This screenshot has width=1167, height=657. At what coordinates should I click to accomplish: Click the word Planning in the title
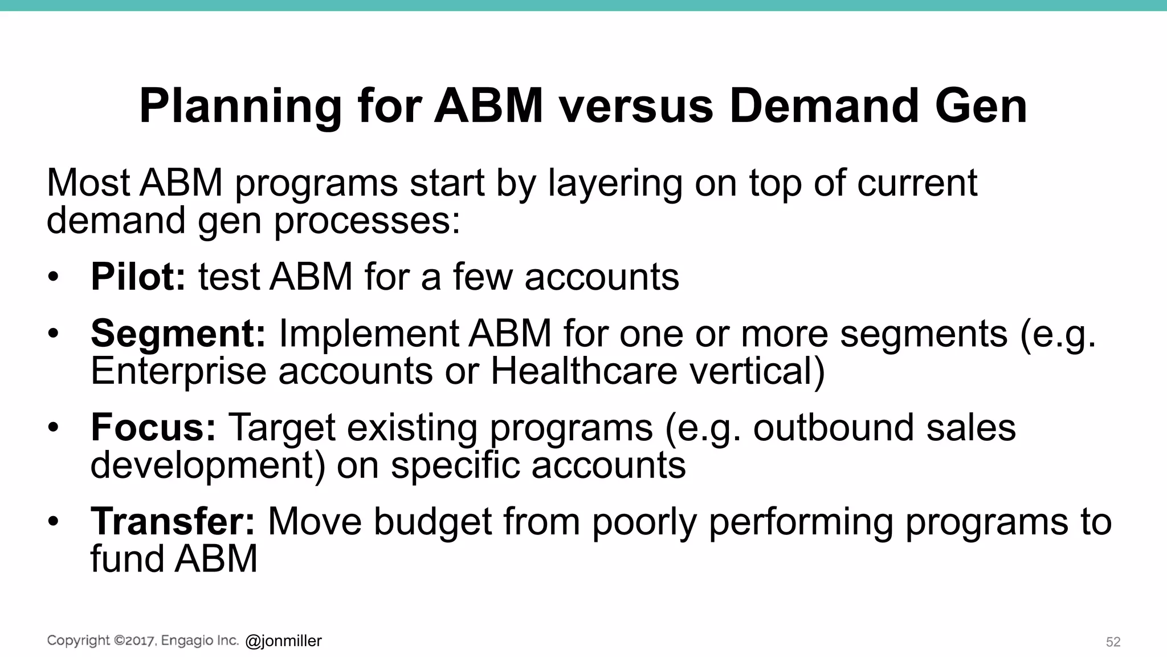[240, 107]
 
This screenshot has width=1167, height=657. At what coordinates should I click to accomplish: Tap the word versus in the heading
[636, 107]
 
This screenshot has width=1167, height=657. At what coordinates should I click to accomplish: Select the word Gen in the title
[979, 107]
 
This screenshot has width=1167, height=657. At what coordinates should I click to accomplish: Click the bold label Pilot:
[138, 277]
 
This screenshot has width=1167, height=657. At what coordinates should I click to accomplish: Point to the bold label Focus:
[153, 428]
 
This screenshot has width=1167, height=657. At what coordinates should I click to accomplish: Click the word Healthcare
[584, 371]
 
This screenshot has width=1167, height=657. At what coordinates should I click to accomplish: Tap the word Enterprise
[178, 371]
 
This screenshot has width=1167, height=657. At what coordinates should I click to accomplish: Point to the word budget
[432, 521]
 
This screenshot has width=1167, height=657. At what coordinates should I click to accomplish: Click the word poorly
[644, 521]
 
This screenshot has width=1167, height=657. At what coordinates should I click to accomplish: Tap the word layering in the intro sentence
[615, 183]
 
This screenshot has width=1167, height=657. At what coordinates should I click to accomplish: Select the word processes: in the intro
[367, 221]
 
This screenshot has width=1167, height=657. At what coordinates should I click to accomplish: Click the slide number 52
[1113, 642]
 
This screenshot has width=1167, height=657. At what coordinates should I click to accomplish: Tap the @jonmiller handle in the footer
[283, 642]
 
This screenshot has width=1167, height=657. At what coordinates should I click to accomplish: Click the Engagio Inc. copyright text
[142, 641]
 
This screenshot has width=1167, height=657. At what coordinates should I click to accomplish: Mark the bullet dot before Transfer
[53, 521]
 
